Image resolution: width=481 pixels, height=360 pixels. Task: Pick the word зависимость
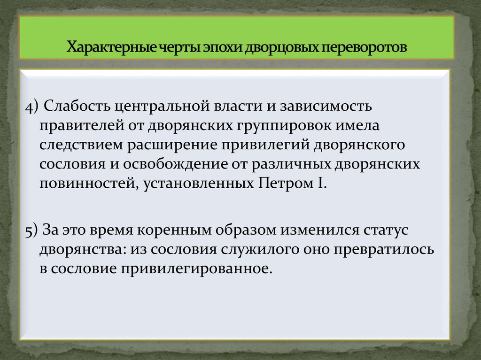coord(326,107)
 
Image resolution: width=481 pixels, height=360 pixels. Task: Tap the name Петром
coord(280,184)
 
